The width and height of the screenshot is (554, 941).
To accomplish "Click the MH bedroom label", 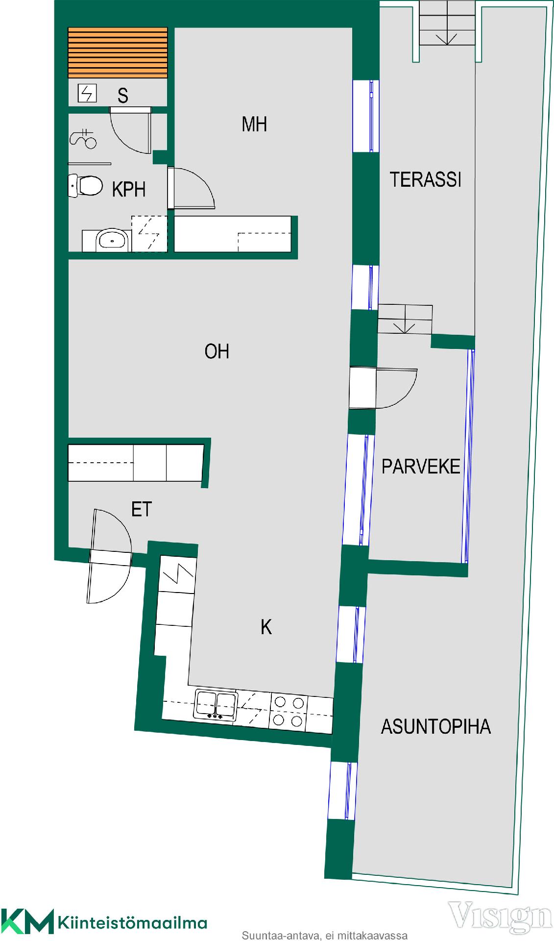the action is click(x=254, y=124).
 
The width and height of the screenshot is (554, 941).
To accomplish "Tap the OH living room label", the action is click(x=217, y=351).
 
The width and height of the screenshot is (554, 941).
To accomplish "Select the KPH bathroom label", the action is click(x=129, y=189).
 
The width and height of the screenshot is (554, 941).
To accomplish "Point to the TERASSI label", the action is click(x=426, y=180).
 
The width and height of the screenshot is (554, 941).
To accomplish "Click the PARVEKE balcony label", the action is click(x=421, y=466).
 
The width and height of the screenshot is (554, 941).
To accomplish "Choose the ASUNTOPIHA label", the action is click(x=436, y=726).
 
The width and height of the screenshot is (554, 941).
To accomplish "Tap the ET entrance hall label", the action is click(x=142, y=509).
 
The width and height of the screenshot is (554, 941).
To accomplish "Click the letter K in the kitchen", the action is click(x=266, y=627).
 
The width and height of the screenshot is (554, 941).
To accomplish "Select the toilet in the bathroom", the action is click(x=85, y=186).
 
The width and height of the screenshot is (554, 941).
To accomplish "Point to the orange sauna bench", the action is click(x=118, y=52).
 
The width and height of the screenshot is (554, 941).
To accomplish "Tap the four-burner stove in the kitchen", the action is click(x=289, y=711).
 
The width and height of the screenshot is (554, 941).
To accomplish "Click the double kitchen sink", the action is click(x=216, y=705).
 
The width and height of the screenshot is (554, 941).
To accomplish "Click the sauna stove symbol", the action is click(x=87, y=93).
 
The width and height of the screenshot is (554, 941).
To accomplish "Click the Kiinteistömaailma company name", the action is click(x=132, y=924).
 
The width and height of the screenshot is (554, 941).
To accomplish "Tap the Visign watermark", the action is click(x=501, y=914).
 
